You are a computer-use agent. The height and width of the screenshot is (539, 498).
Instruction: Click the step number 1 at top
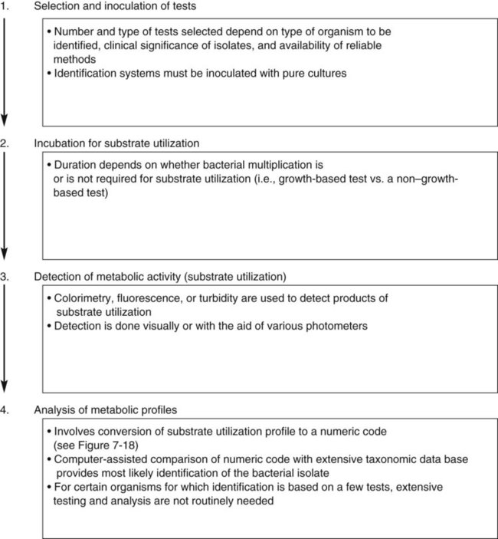coord(5,8)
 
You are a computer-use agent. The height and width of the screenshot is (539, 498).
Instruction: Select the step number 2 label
coord(5,143)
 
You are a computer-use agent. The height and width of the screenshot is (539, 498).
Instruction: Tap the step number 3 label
coord(5,274)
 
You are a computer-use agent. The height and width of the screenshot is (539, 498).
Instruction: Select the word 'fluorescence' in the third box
coord(151,297)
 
